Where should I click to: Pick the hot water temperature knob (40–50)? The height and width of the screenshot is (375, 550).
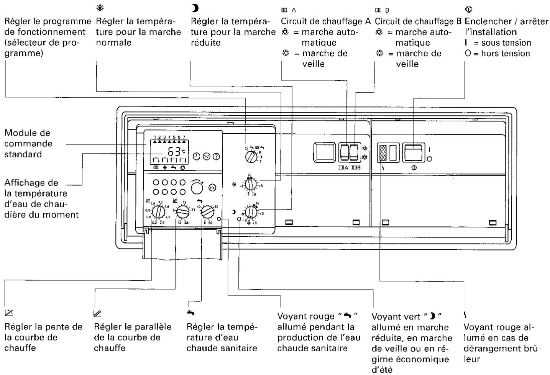pyautogui.click(x=207, y=211)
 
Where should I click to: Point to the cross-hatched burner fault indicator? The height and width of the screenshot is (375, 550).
pyautogui.click(x=382, y=152)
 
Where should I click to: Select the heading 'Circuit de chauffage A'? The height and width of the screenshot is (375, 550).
pyautogui.click(x=326, y=21)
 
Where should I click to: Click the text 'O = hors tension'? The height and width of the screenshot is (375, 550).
pyautogui.click(x=497, y=53)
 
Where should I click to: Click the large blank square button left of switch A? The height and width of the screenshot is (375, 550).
pyautogui.click(x=324, y=152)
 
